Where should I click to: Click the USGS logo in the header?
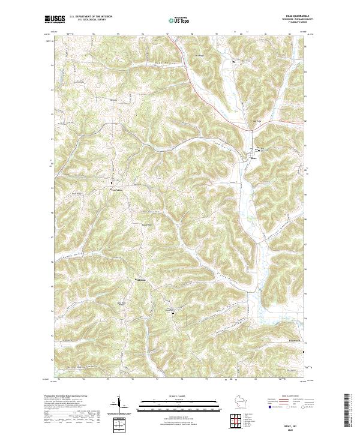(55, 20)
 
